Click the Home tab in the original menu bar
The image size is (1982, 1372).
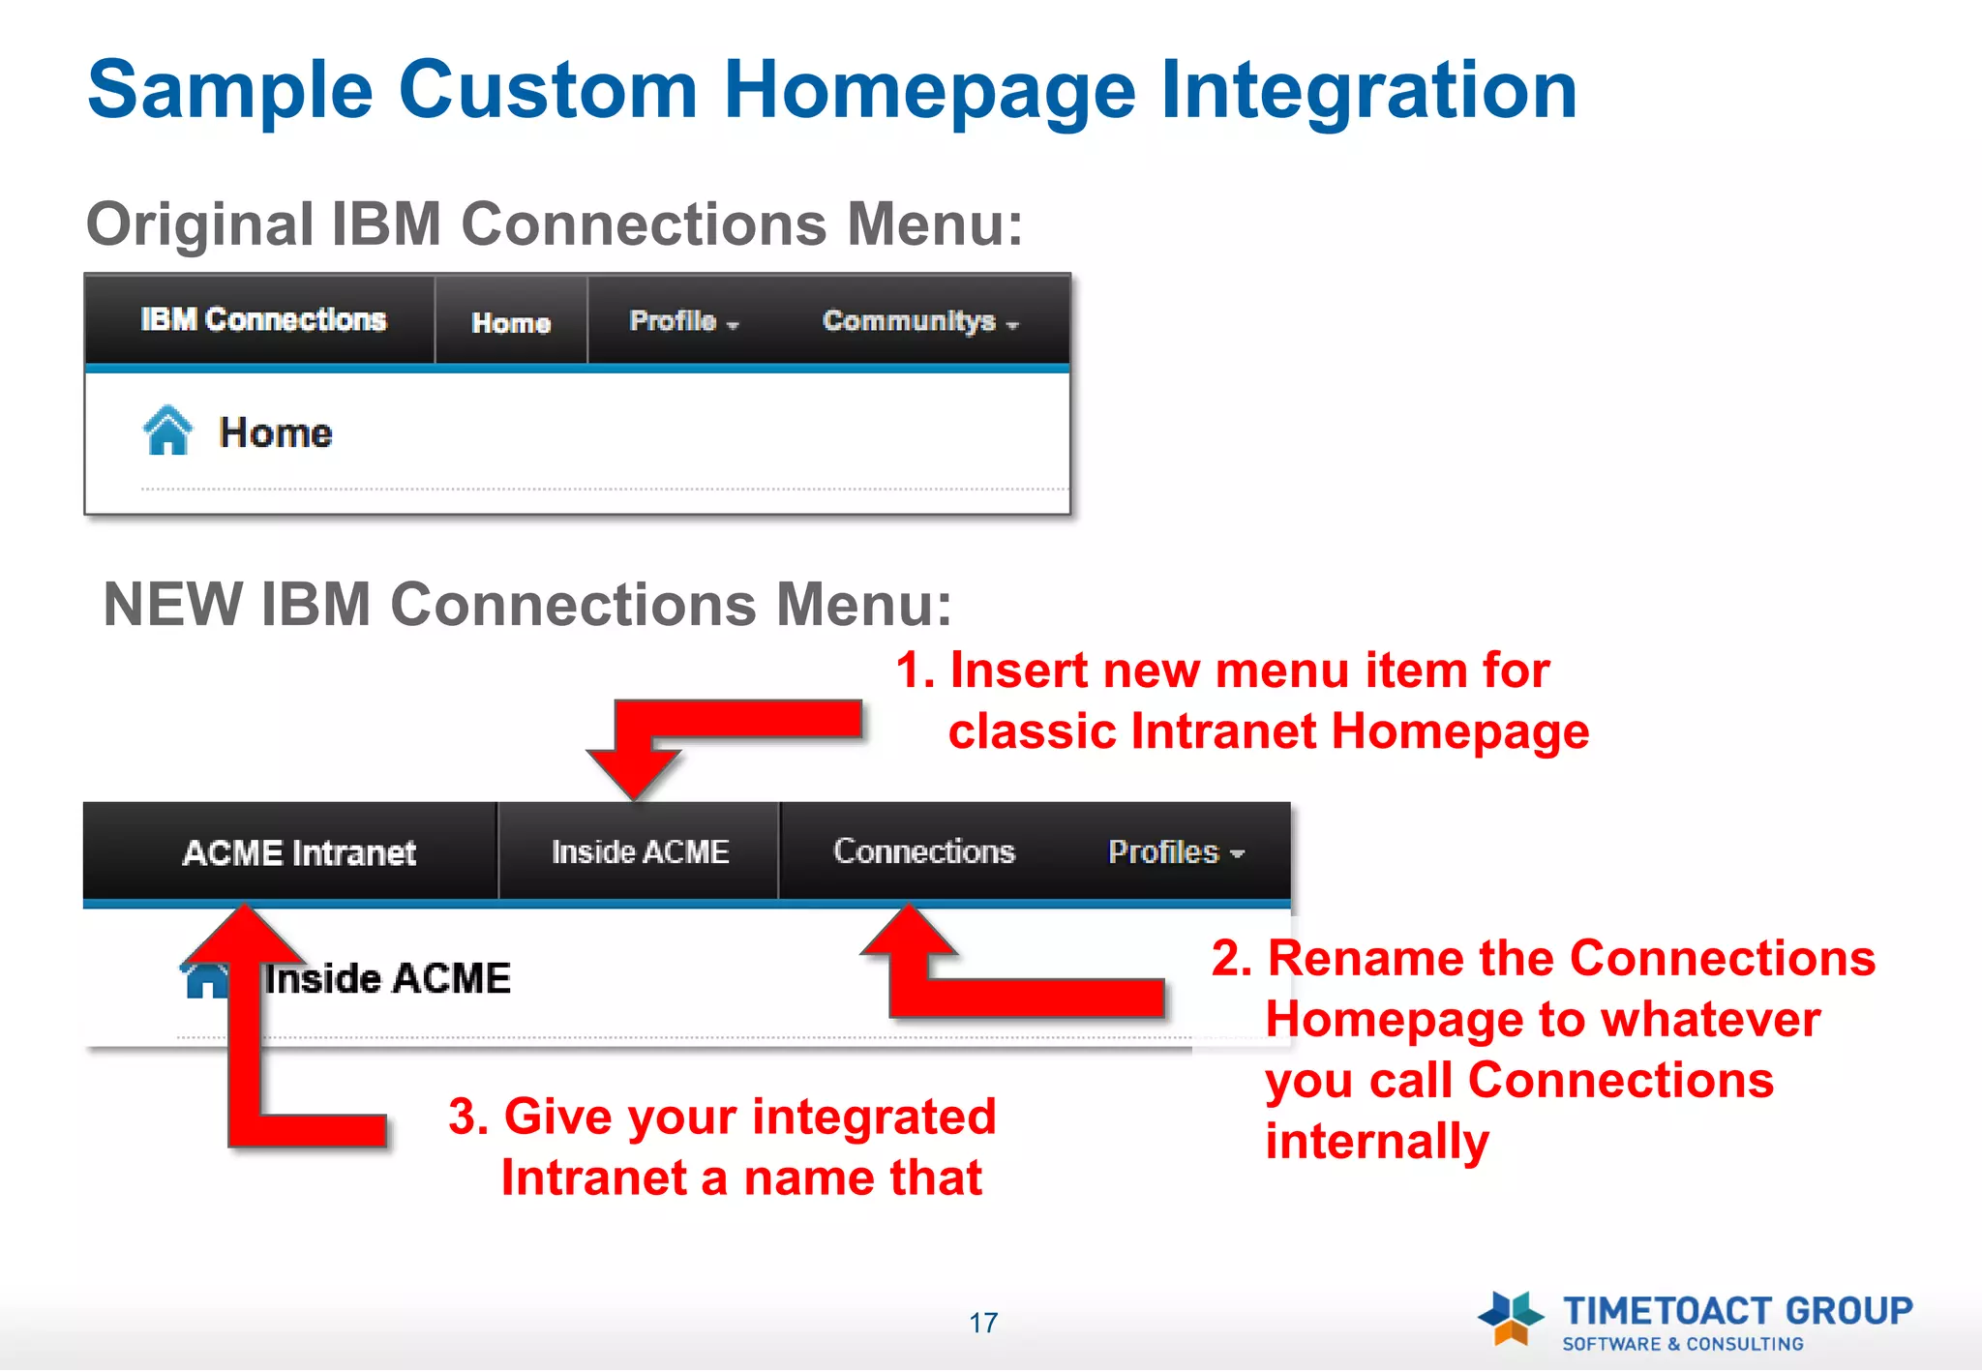[511, 322]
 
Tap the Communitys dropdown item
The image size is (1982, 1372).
[919, 321]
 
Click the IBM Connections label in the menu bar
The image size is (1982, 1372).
[262, 319]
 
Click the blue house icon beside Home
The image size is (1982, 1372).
[167, 431]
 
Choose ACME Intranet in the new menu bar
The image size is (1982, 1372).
[299, 852]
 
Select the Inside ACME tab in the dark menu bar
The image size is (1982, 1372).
[640, 851]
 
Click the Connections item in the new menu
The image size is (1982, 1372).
[923, 851]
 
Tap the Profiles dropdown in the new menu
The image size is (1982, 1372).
[1175, 852]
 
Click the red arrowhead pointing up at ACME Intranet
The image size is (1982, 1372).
[244, 934]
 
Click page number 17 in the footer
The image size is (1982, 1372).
[983, 1323]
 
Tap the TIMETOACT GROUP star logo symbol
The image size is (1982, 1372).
[1510, 1318]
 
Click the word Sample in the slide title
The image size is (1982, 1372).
[230, 90]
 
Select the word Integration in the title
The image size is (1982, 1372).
[1367, 90]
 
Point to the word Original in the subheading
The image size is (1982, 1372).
[199, 224]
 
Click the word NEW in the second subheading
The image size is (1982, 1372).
[173, 605]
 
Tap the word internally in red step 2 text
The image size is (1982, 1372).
[1376, 1142]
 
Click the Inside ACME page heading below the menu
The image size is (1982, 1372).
[387, 978]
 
